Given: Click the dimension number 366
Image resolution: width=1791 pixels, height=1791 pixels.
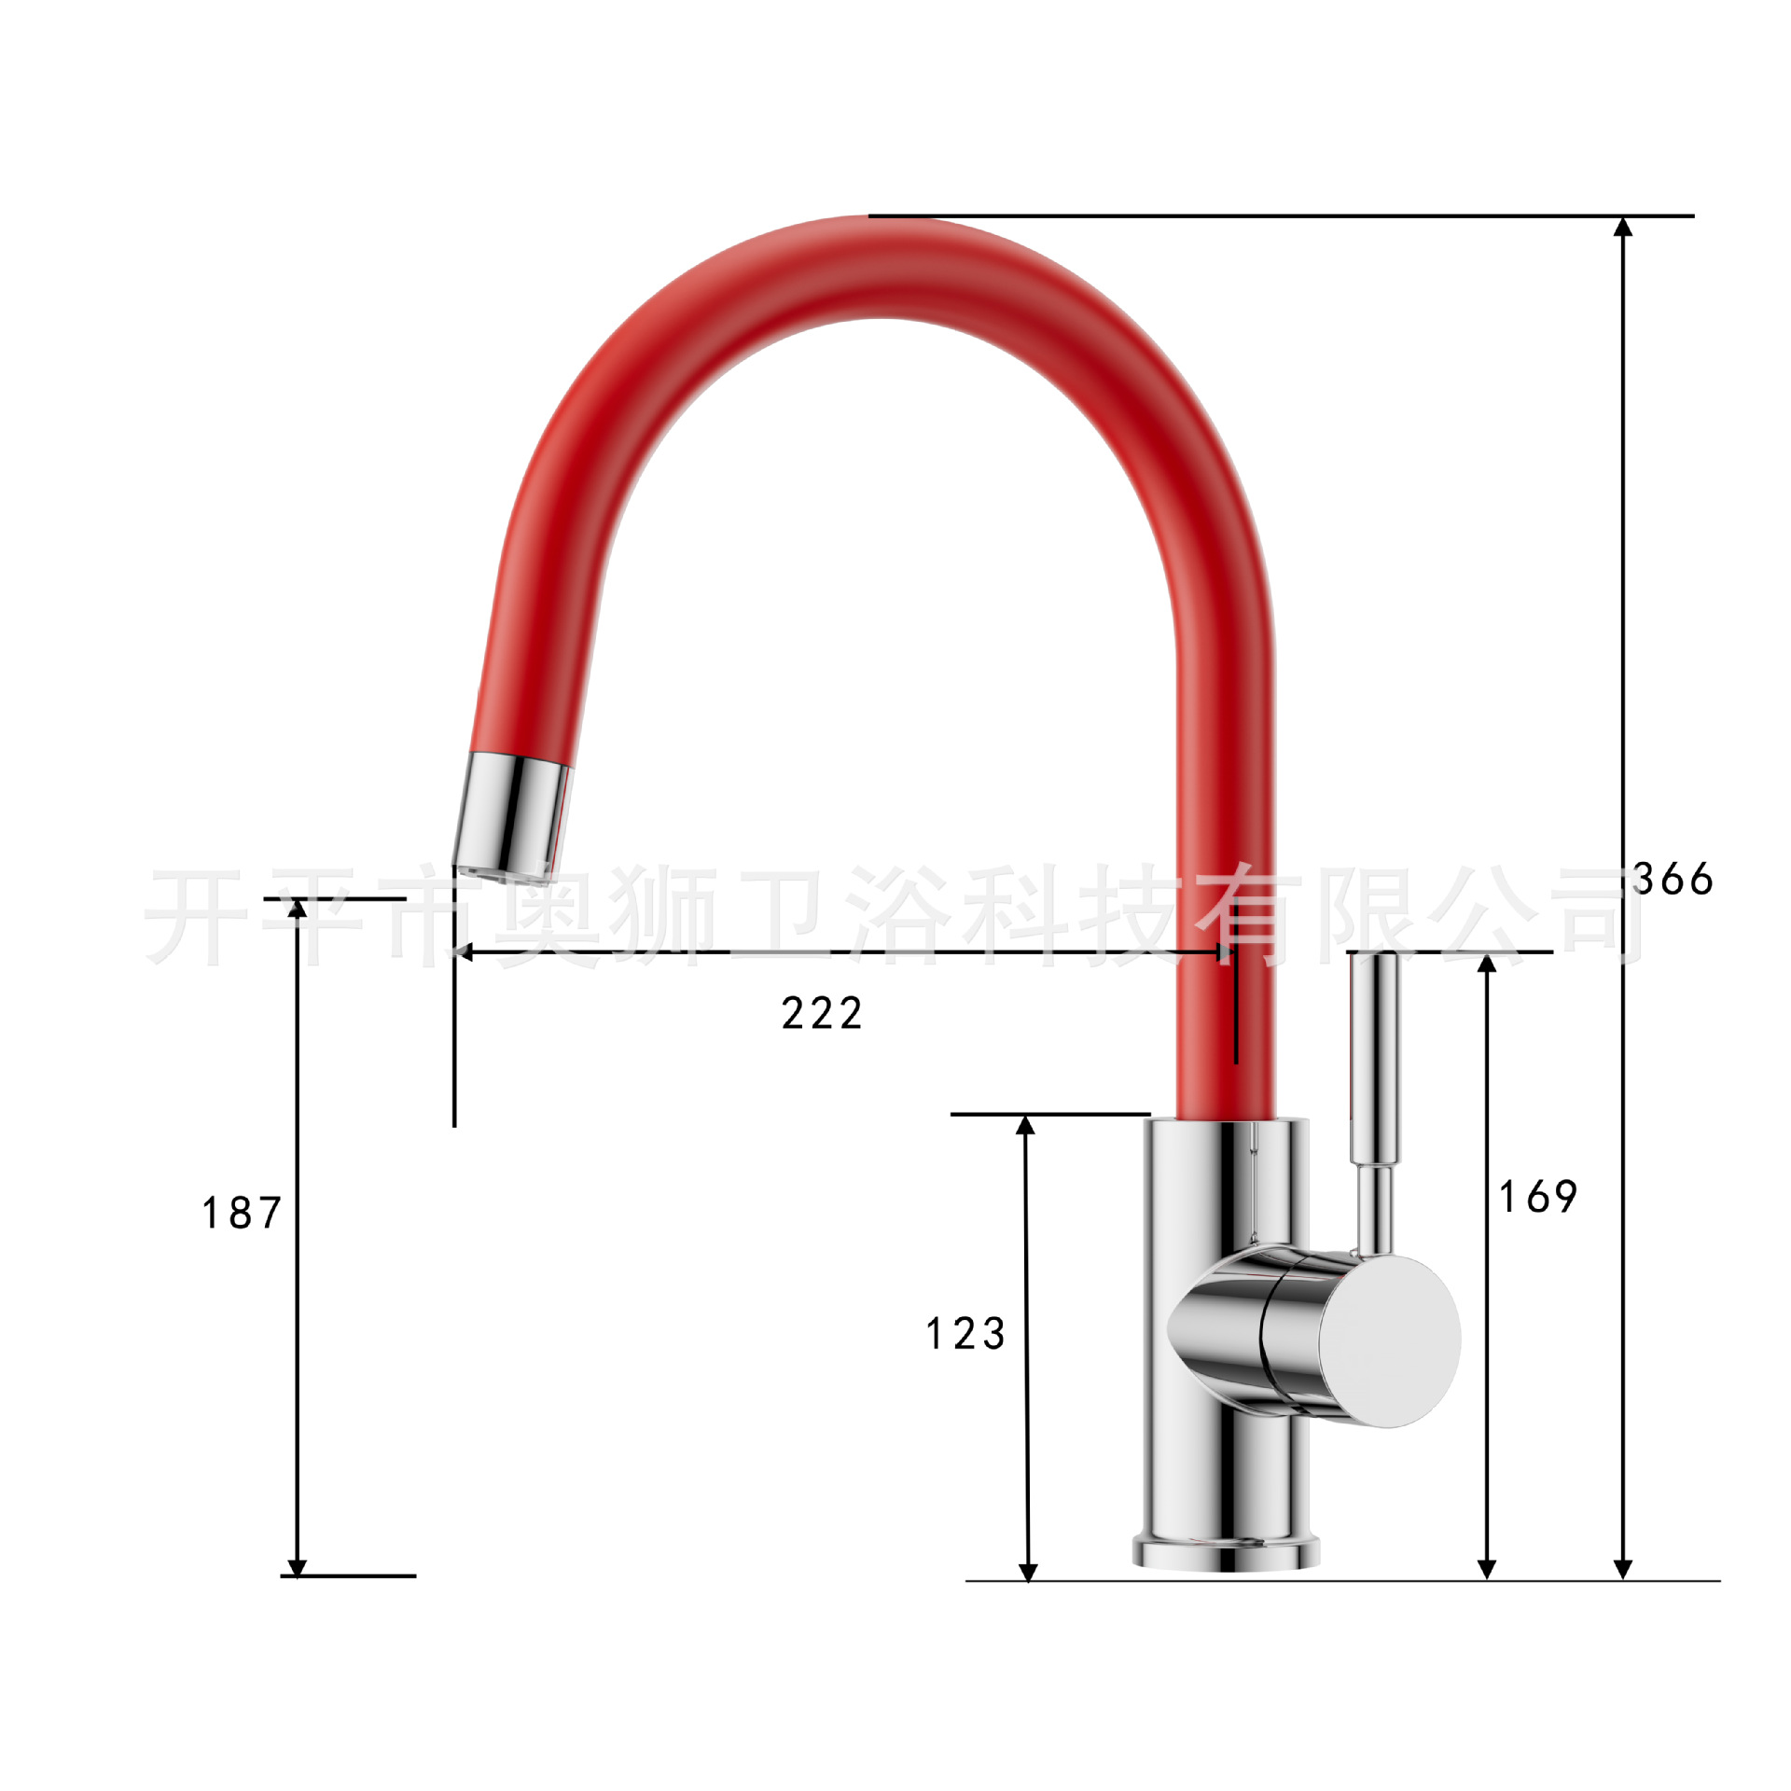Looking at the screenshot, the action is (1673, 879).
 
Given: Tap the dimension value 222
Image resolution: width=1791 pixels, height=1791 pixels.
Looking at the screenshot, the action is (822, 1014).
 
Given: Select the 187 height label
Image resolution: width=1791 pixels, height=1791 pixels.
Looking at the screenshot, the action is (242, 1213).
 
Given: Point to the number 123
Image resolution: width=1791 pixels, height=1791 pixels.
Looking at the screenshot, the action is (965, 1333).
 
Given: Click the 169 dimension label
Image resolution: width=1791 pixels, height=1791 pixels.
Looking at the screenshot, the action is (1538, 1197).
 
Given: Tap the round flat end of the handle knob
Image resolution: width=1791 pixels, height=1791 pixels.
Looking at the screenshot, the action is (1389, 1340).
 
